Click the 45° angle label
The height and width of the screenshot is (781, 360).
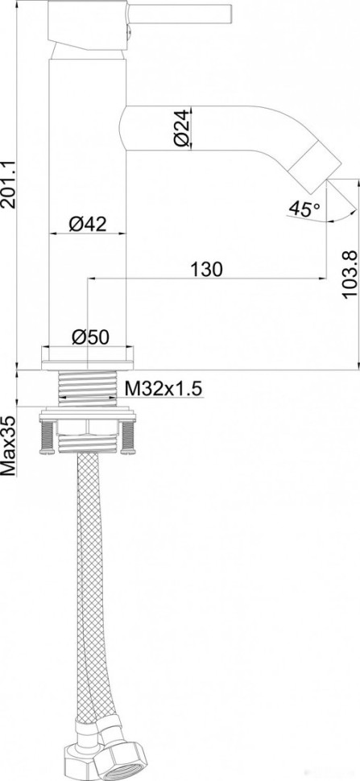[x=303, y=209]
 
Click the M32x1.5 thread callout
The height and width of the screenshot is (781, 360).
[x=163, y=390]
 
